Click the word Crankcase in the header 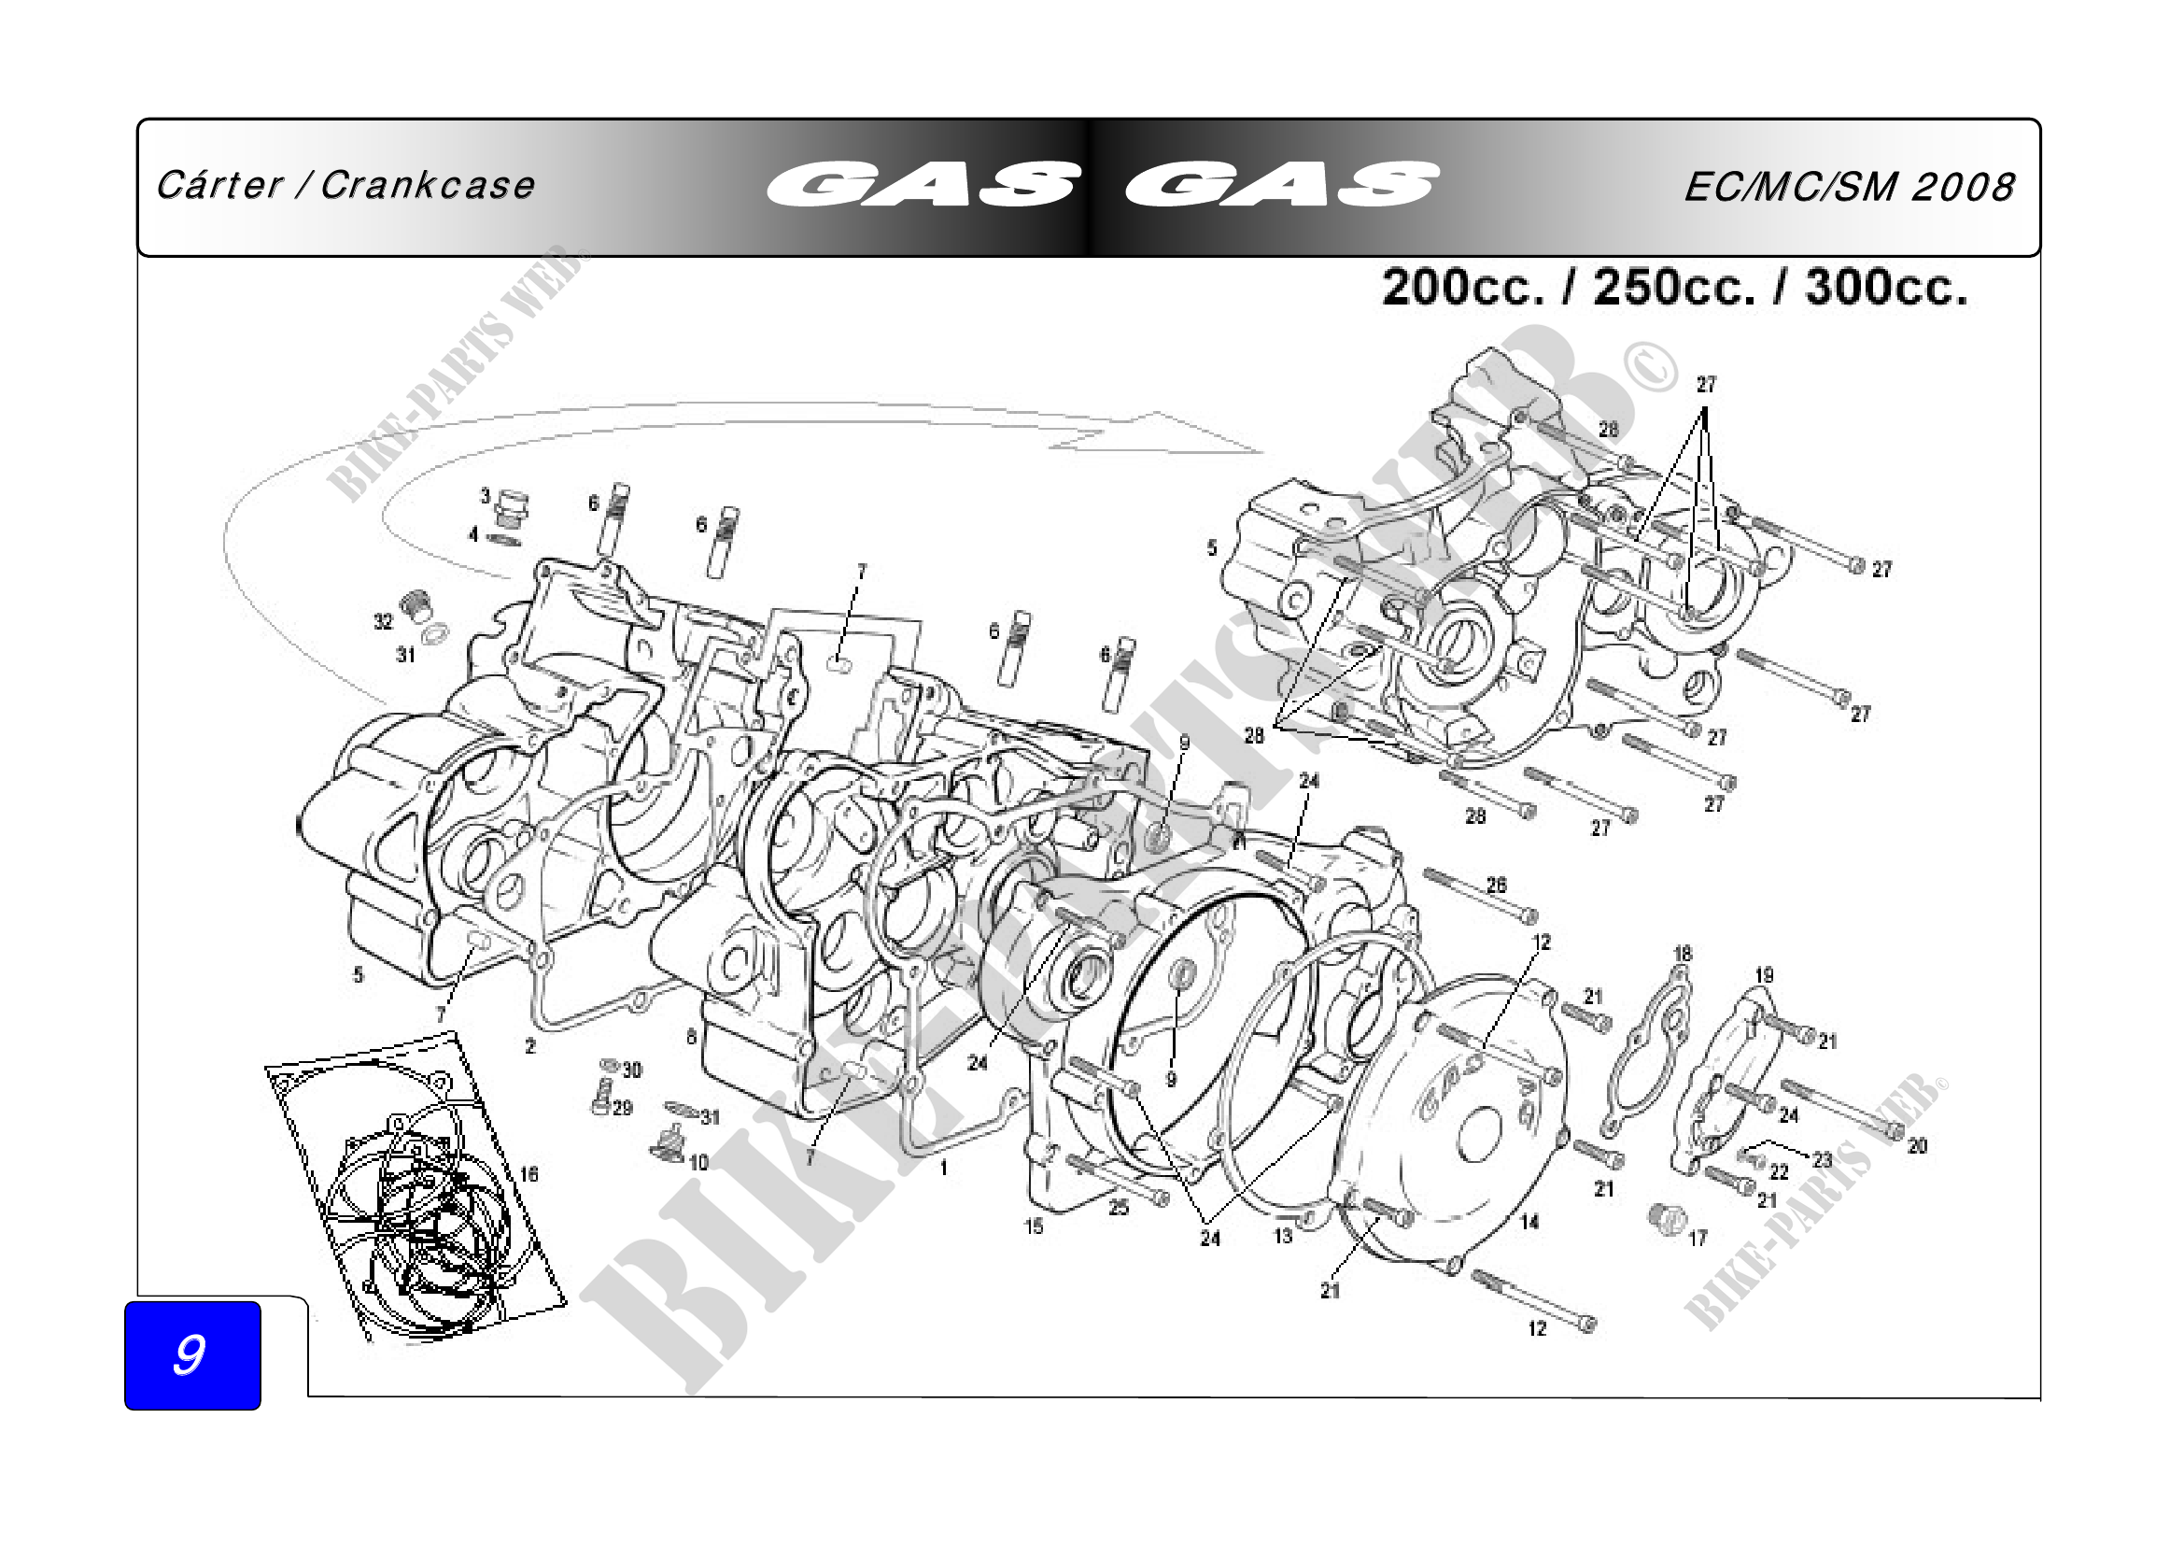point(427,186)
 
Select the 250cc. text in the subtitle point(1673,287)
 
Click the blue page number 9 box point(192,1354)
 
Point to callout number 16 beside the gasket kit point(528,1174)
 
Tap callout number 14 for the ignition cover point(1529,1222)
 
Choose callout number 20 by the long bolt point(1917,1146)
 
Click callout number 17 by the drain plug point(1698,1238)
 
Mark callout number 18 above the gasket point(1683,954)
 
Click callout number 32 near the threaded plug point(383,622)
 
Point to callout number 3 point(486,496)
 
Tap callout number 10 point(698,1163)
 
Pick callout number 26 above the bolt point(1496,885)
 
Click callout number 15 point(1034,1227)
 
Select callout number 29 point(622,1109)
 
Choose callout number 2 point(529,1046)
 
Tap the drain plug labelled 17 point(1665,1218)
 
